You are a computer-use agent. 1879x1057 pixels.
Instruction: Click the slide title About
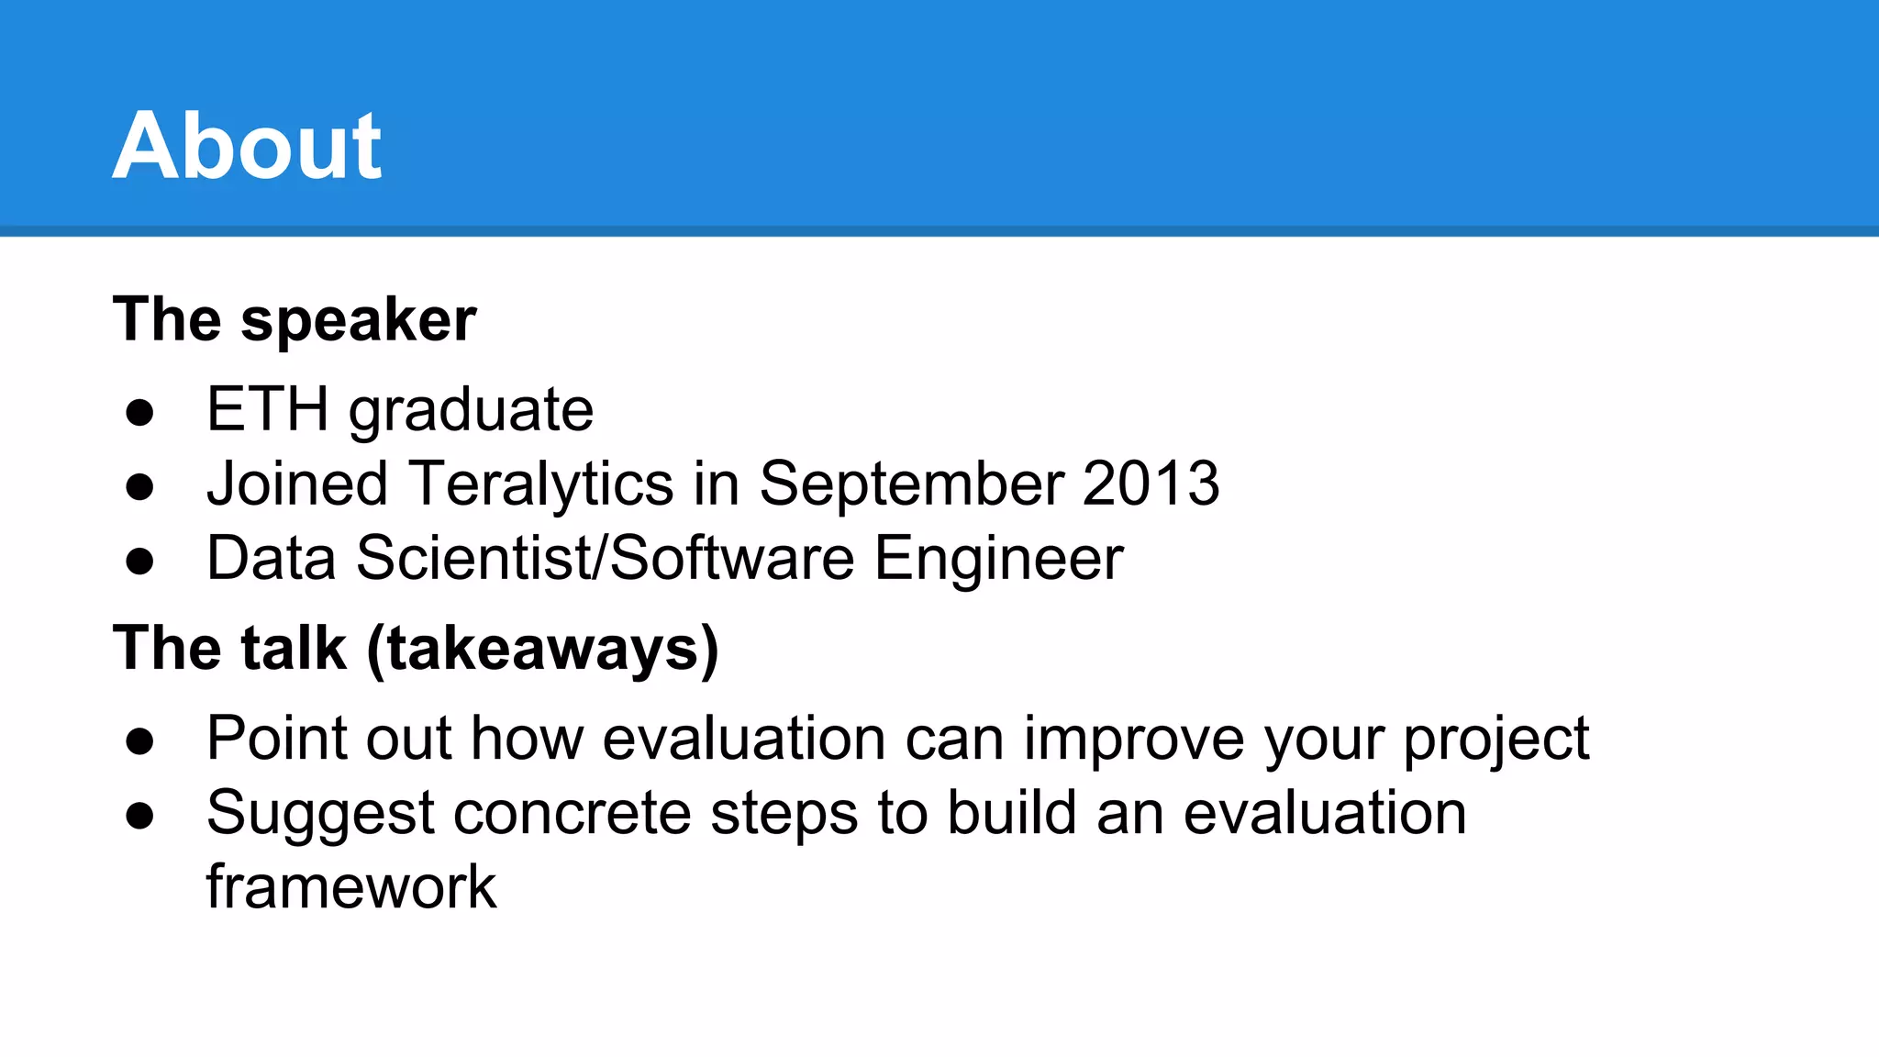(x=247, y=146)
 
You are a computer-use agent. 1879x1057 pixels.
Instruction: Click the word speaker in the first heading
(x=358, y=320)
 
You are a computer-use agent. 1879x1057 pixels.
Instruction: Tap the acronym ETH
(x=267, y=409)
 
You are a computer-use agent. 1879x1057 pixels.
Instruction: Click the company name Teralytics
(x=541, y=484)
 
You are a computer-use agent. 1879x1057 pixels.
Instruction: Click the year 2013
(x=1151, y=484)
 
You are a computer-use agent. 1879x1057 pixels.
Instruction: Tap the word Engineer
(x=998, y=559)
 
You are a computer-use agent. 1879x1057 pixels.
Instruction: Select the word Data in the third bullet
(x=272, y=558)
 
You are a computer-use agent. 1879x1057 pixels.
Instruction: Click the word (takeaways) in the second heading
(x=542, y=650)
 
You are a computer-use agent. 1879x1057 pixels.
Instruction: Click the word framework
(x=351, y=887)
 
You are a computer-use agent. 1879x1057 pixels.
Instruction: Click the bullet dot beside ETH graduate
(x=139, y=412)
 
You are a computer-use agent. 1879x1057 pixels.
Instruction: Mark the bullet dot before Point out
(x=139, y=740)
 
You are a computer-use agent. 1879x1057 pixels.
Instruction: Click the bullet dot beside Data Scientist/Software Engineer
(x=139, y=561)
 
